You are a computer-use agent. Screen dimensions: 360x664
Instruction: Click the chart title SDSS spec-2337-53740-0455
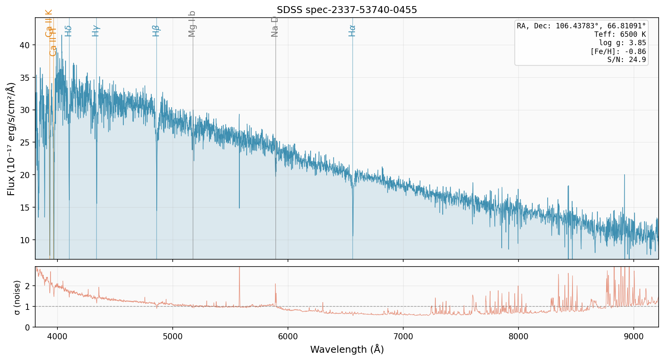click(x=347, y=10)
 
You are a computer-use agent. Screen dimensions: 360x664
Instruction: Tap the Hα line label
click(x=352, y=31)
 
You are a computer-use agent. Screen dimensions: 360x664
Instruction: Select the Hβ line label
click(x=156, y=31)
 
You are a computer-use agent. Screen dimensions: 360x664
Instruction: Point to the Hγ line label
click(x=96, y=31)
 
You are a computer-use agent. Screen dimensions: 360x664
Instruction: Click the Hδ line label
click(x=69, y=31)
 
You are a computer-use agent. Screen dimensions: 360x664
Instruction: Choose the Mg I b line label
click(x=192, y=24)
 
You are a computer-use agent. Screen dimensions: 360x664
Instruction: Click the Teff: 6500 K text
click(x=620, y=34)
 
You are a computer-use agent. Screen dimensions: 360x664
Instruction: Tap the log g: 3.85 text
click(x=622, y=43)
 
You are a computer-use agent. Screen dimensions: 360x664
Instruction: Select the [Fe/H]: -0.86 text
click(x=618, y=51)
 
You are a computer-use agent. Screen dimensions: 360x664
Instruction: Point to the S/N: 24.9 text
click(x=626, y=60)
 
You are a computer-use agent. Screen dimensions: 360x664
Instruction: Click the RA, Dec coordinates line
click(x=581, y=26)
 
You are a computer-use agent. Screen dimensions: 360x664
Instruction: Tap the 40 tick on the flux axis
click(x=25, y=45)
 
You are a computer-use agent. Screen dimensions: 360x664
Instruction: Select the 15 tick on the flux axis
click(x=25, y=208)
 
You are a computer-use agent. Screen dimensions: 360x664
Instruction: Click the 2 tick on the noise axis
click(x=27, y=286)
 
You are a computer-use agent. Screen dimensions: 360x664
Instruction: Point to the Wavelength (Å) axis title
click(x=347, y=350)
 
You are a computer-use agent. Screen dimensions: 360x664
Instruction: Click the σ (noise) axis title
click(x=17, y=297)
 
